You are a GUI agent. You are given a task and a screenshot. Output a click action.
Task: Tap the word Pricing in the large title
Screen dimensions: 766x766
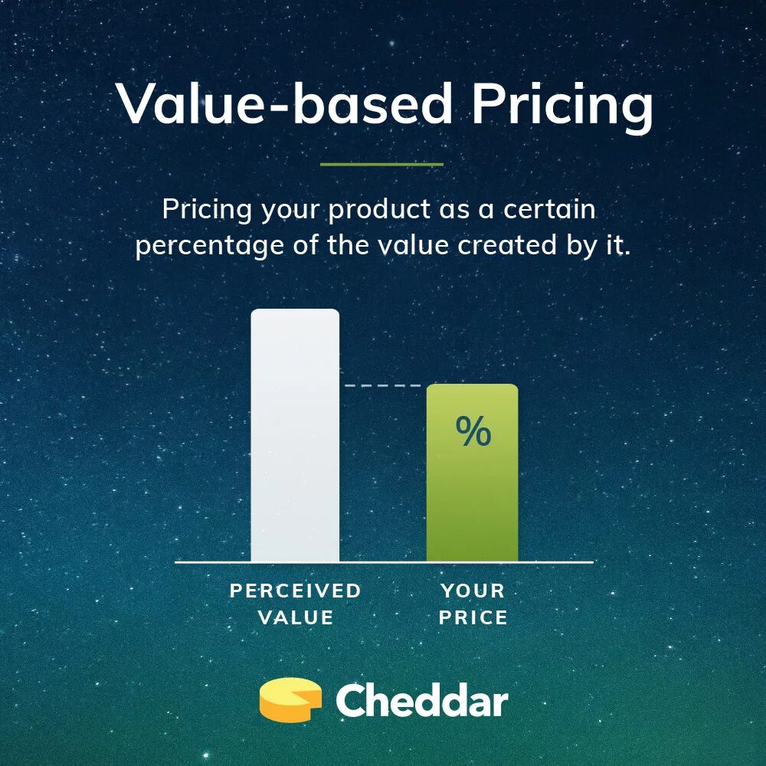(562, 105)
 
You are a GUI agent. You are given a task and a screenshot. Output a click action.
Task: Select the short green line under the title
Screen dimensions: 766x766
(381, 164)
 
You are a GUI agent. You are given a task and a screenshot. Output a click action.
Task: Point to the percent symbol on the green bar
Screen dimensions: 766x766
(473, 432)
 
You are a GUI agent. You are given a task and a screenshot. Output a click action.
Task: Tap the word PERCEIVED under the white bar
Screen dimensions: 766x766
(296, 591)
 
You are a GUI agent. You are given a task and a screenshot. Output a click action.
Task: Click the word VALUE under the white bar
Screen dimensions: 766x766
(296, 617)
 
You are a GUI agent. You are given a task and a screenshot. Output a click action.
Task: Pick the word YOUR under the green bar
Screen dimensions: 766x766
(473, 591)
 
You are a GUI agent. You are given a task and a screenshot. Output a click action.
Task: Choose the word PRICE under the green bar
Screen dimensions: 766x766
(473, 617)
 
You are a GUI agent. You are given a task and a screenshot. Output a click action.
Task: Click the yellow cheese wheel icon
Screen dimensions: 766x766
(290, 700)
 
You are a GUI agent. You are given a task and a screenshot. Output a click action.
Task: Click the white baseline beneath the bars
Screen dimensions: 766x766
(383, 562)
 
